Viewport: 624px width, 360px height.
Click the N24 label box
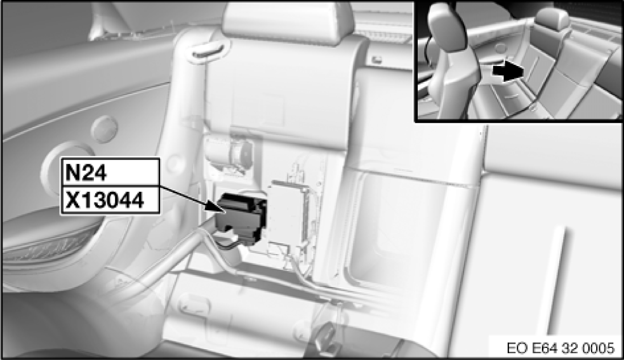[110, 172]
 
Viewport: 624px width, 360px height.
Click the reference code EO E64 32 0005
[561, 348]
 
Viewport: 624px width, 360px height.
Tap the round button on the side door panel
[104, 129]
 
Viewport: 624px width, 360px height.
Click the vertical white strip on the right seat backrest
[559, 278]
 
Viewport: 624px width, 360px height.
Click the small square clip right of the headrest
[375, 60]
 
